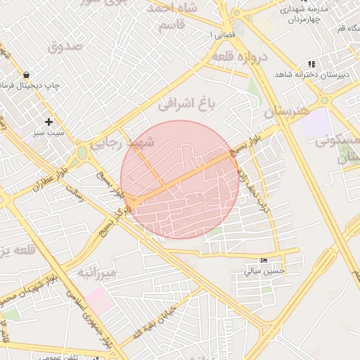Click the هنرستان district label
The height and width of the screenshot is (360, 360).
tap(287, 111)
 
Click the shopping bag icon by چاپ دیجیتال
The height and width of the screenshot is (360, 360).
tap(26, 75)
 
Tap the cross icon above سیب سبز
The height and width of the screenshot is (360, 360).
tap(49, 121)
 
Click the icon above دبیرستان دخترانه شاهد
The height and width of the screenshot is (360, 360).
tap(311, 64)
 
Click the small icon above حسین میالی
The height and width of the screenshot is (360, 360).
tap(264, 260)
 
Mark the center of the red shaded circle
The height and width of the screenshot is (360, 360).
tap(180, 180)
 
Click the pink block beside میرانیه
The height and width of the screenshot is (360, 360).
tap(100, 298)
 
